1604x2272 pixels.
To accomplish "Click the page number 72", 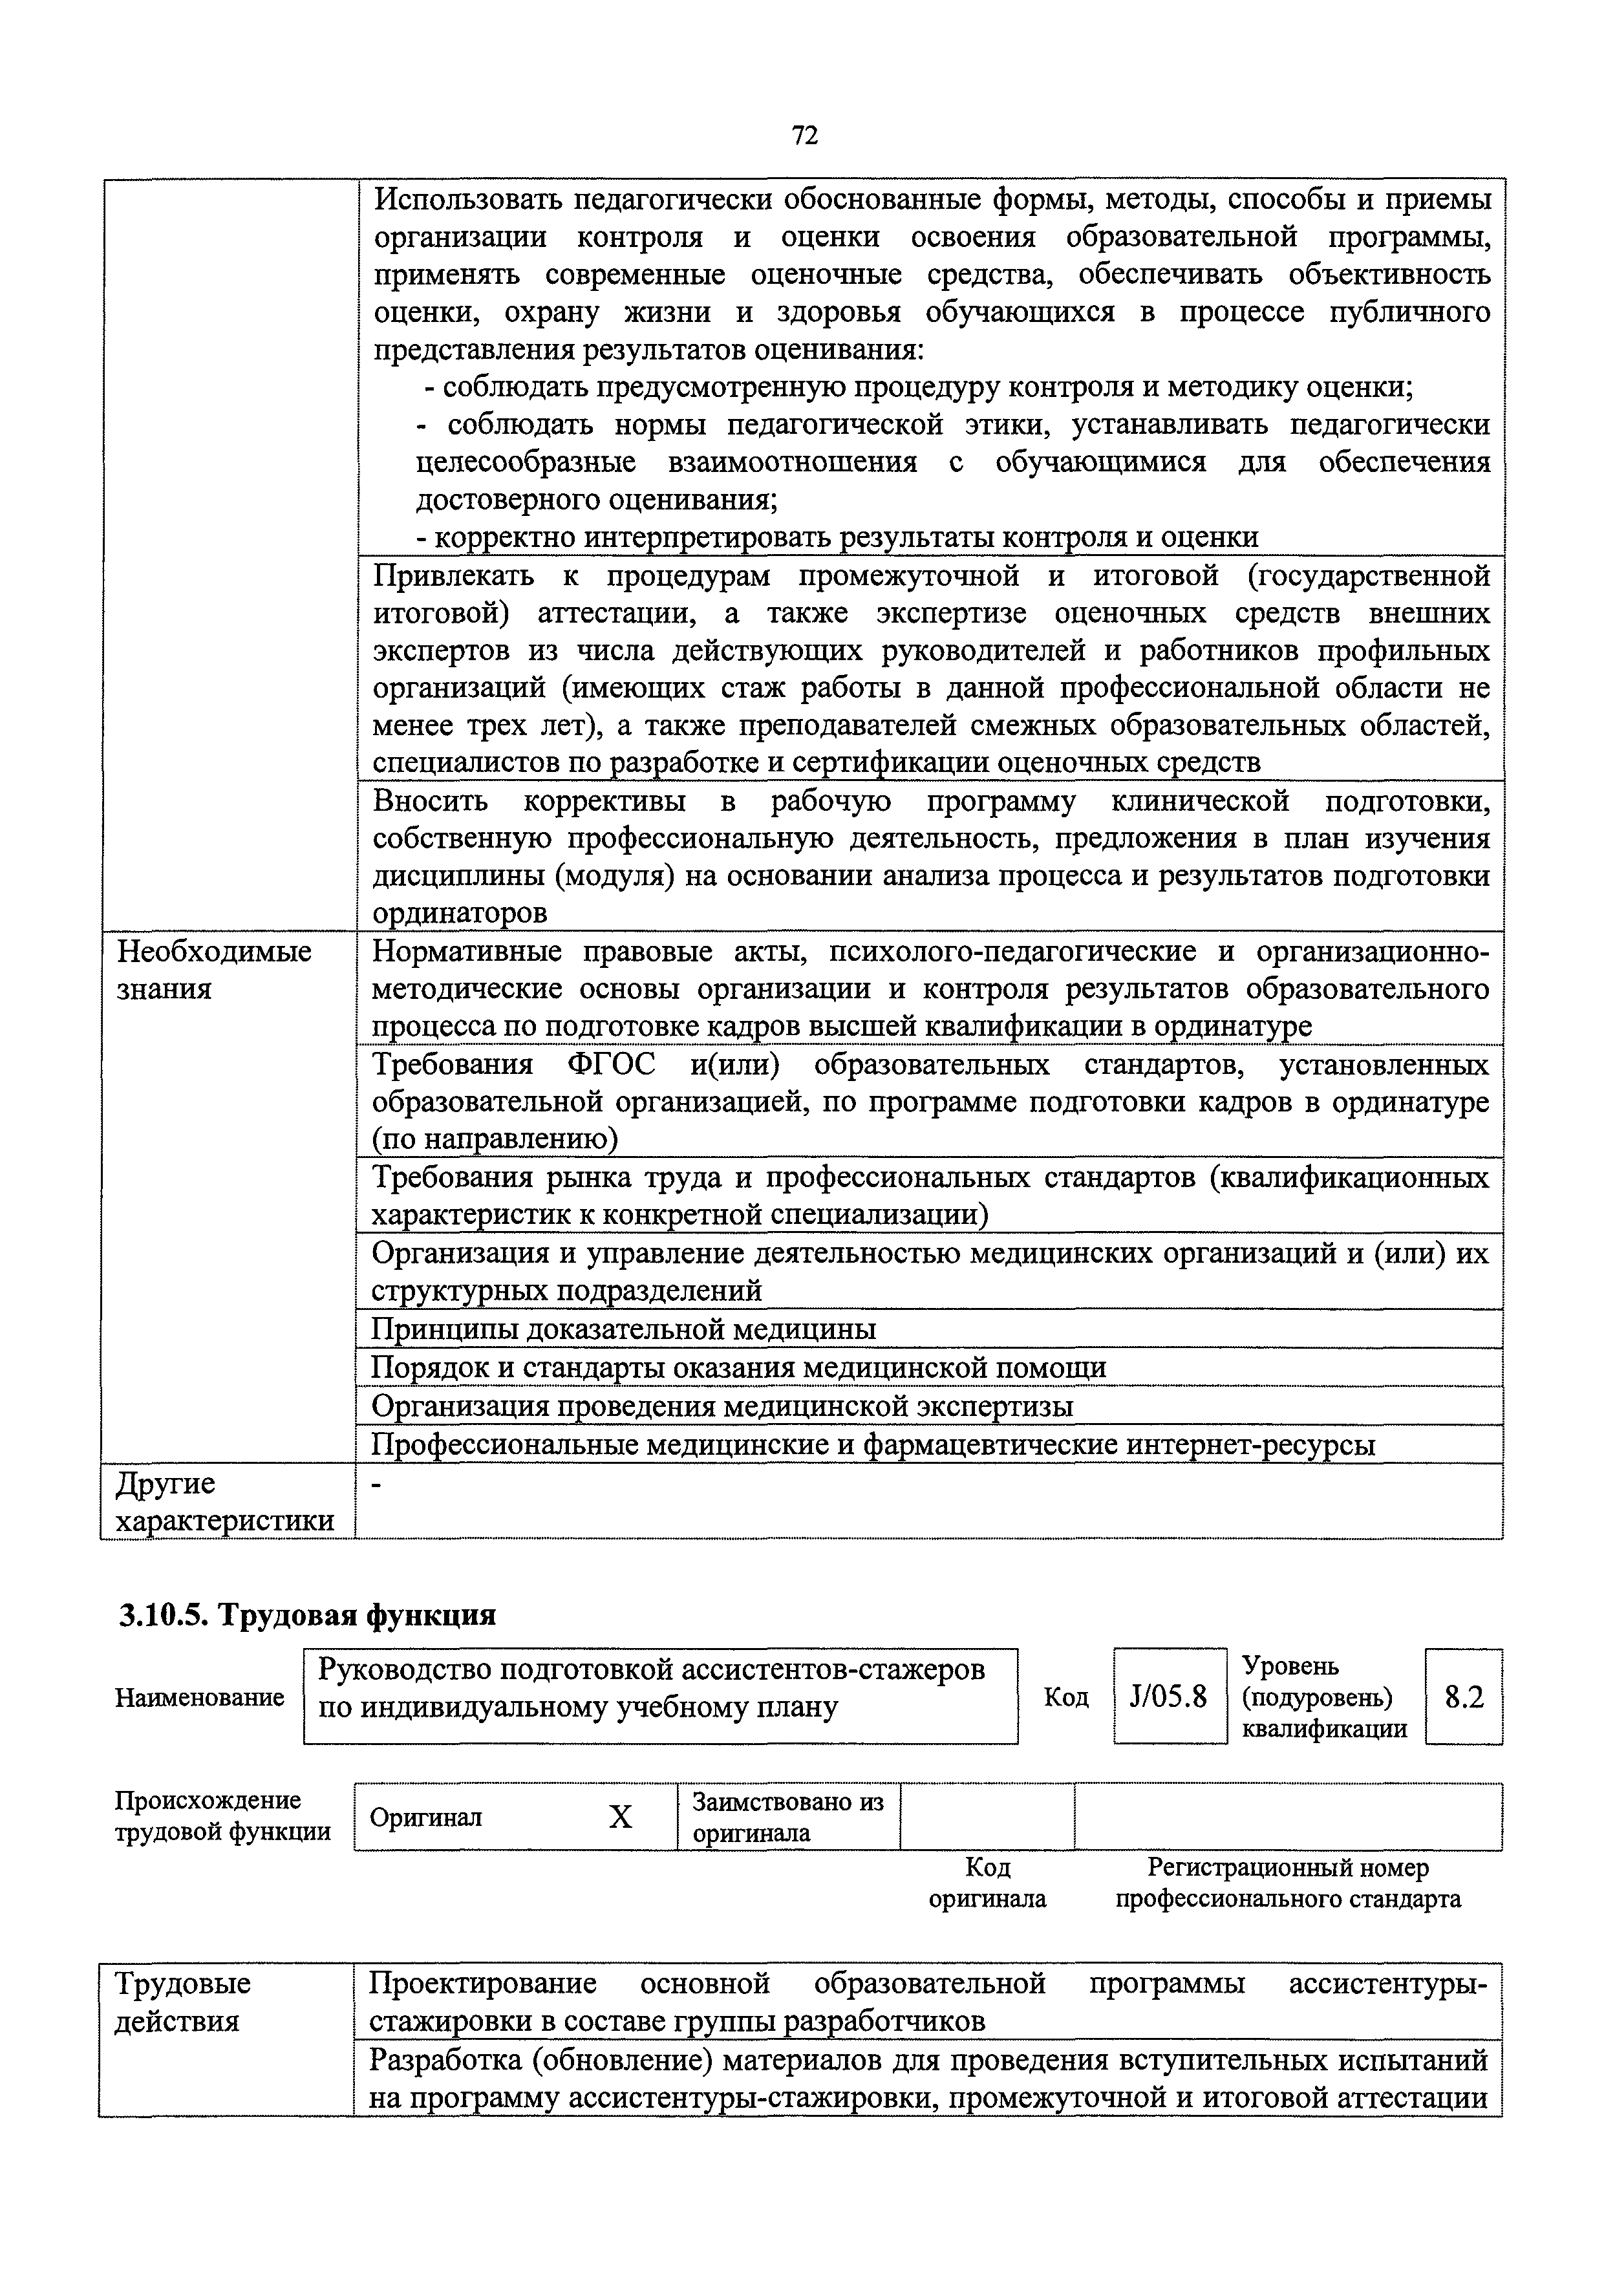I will (804, 136).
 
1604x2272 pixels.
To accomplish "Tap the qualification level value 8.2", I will (1464, 1697).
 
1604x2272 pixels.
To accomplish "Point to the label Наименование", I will (199, 1697).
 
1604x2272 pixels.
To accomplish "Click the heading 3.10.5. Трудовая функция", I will (306, 1615).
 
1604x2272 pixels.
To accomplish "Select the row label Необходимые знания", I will (214, 970).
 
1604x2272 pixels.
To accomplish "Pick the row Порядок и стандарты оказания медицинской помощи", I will (738, 1367).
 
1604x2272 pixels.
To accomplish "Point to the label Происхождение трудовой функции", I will (222, 1816).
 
